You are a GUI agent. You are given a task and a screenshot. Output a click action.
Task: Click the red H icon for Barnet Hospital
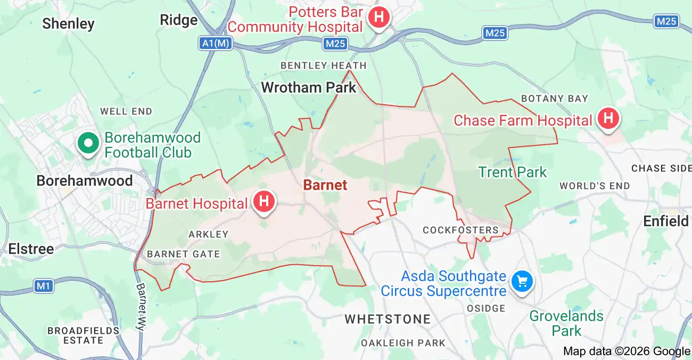tap(263, 202)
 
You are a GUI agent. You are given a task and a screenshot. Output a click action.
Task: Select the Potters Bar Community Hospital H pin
tap(378, 17)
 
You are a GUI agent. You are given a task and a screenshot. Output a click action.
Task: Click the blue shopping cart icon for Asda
tap(522, 281)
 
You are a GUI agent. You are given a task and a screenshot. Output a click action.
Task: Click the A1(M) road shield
tap(217, 44)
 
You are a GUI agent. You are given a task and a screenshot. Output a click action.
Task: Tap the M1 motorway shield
tap(44, 287)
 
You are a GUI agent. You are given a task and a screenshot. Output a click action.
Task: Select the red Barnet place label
tap(325, 185)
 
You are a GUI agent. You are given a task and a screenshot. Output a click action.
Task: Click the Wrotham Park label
tap(308, 87)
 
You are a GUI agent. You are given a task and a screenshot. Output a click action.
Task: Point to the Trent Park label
tap(512, 172)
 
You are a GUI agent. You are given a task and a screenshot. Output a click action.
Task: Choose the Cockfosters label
tap(460, 230)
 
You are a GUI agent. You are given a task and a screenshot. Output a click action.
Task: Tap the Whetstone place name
tap(388, 319)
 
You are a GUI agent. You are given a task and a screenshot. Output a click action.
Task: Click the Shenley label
tap(68, 23)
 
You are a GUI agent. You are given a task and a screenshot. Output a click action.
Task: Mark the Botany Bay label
tap(555, 99)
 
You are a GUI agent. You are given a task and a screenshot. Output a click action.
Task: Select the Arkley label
tap(208, 234)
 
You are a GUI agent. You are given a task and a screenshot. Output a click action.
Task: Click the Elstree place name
tap(31, 249)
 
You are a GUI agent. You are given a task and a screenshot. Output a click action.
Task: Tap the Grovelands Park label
tap(566, 323)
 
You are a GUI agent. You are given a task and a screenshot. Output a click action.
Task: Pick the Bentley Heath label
tap(324, 66)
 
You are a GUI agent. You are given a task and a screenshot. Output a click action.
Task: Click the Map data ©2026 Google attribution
tap(627, 351)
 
